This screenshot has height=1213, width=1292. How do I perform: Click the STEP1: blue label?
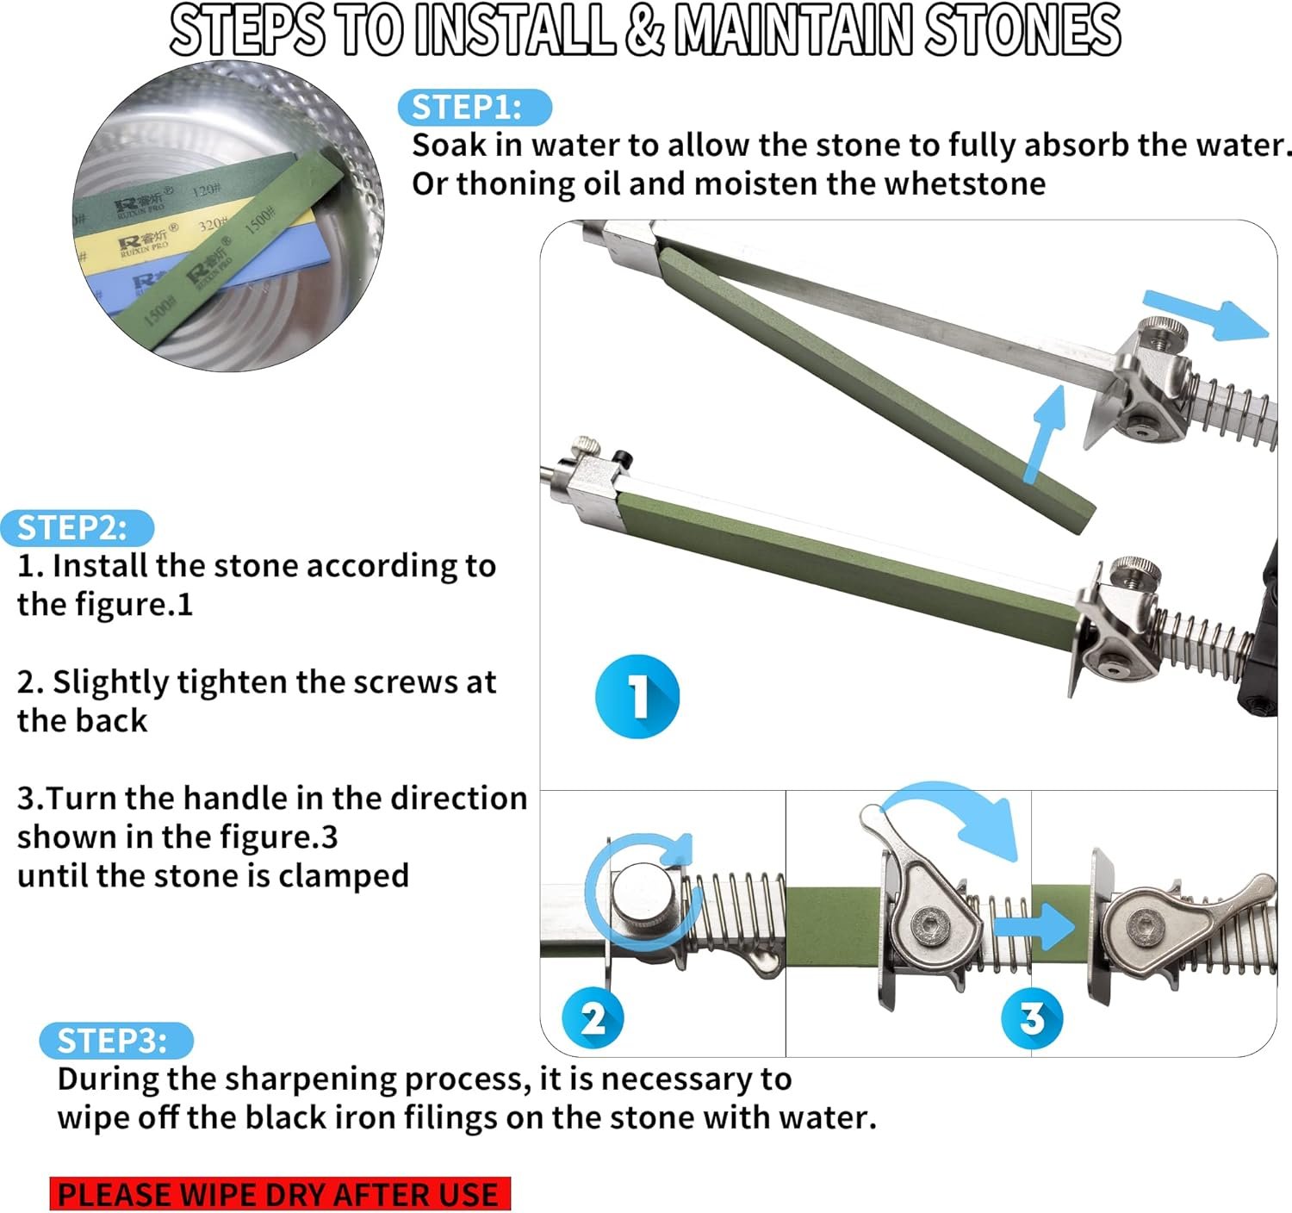pyautogui.click(x=475, y=108)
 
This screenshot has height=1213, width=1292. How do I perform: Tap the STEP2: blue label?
pyautogui.click(x=78, y=528)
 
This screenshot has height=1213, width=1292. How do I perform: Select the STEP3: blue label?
pyautogui.click(x=116, y=1040)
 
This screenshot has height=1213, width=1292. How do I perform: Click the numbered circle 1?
pyautogui.click(x=637, y=697)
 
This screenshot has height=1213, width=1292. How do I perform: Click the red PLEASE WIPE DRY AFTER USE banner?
pyautogui.click(x=280, y=1193)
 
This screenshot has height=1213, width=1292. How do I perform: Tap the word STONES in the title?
pyautogui.click(x=1022, y=30)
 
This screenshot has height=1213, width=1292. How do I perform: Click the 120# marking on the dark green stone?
pyautogui.click(x=208, y=190)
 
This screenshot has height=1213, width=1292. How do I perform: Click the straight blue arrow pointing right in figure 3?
pyautogui.click(x=1034, y=926)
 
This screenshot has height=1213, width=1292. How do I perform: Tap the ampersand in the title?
pyautogui.click(x=644, y=30)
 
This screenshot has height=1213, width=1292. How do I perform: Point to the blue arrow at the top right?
pyautogui.click(x=1206, y=316)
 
